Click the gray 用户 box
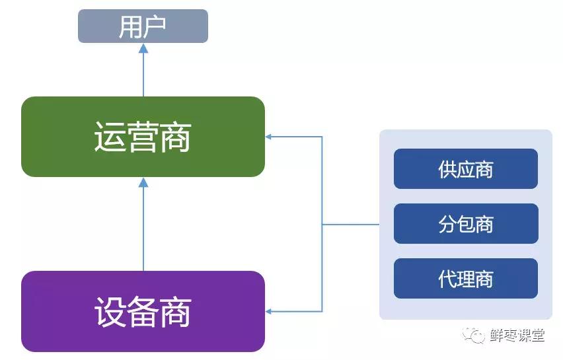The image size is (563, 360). click(x=143, y=26)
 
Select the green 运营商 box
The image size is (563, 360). click(x=143, y=137)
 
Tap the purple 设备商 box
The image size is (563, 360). click(x=143, y=311)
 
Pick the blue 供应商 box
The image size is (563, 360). click(x=465, y=169)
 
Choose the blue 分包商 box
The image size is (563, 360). click(x=465, y=224)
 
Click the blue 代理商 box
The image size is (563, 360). click(x=465, y=278)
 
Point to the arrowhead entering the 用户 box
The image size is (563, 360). click(x=143, y=48)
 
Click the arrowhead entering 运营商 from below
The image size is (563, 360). click(x=143, y=182)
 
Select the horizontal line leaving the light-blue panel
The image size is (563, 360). click(x=350, y=225)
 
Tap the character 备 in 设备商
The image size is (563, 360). click(x=143, y=312)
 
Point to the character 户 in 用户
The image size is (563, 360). click(x=155, y=27)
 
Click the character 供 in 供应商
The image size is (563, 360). click(x=447, y=170)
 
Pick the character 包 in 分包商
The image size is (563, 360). click(x=466, y=225)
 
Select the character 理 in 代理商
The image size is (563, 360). click(x=466, y=279)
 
